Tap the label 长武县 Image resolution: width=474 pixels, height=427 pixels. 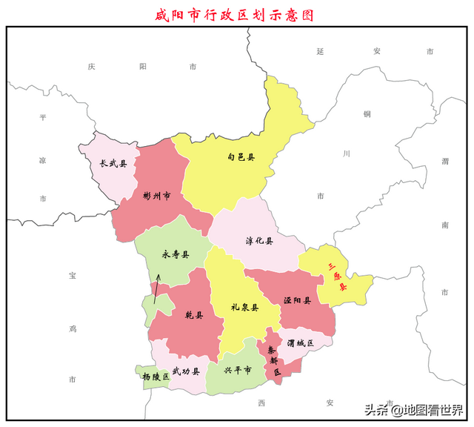(x=113, y=164)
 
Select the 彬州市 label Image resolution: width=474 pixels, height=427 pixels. (x=157, y=196)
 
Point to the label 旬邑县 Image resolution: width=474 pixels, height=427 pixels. (x=241, y=157)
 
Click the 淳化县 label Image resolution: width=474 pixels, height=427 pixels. (x=259, y=241)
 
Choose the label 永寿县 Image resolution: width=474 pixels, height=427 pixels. (x=176, y=254)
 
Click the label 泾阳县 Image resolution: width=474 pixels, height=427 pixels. (x=297, y=301)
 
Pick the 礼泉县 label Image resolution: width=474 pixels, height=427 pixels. (x=244, y=307)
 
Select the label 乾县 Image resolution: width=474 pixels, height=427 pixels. (x=194, y=314)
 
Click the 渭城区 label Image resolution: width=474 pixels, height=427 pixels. (x=301, y=342)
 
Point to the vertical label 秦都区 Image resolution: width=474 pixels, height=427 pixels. (x=273, y=360)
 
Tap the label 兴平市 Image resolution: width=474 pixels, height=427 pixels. (x=238, y=369)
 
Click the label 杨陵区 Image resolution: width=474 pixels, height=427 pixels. (x=156, y=377)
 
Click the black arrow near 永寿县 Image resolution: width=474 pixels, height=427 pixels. (x=156, y=288)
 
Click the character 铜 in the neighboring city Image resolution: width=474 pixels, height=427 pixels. (x=366, y=113)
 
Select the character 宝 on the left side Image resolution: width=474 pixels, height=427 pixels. (x=73, y=276)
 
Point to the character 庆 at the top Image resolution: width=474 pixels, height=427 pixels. (x=91, y=66)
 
